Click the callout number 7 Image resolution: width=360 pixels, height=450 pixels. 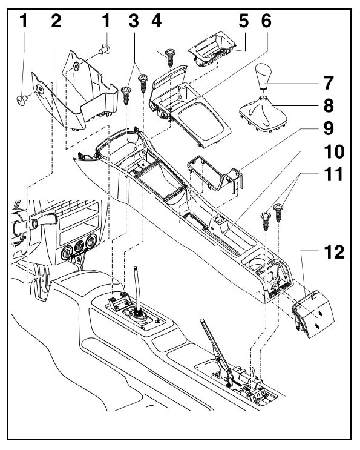tap(329, 82)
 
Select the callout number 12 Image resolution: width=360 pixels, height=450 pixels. tap(334, 253)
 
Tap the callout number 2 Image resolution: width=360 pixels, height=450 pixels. tap(56, 21)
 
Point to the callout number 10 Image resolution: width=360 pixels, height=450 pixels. tap(334, 151)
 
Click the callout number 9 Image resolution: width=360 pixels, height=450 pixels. tap(329, 128)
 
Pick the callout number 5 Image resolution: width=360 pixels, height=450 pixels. tap(244, 21)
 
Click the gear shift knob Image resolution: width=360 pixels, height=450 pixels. tap(263, 77)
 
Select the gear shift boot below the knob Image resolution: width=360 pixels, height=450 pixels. tap(263, 114)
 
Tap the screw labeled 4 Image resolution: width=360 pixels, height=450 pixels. tap(171, 58)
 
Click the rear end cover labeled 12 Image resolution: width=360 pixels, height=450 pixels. tap(313, 314)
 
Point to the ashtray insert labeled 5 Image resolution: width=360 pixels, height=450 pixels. tap(212, 49)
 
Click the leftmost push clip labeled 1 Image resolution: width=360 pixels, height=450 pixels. tap(22, 100)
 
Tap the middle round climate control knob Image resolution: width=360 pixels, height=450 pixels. tap(79, 247)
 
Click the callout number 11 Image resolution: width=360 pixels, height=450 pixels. tap(333, 174)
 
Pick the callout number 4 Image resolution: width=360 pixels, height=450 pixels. tap(157, 21)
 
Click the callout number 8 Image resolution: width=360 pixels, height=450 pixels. tap(329, 105)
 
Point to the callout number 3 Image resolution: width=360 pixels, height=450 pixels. tap(134, 21)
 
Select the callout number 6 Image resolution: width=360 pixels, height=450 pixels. tap(266, 21)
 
